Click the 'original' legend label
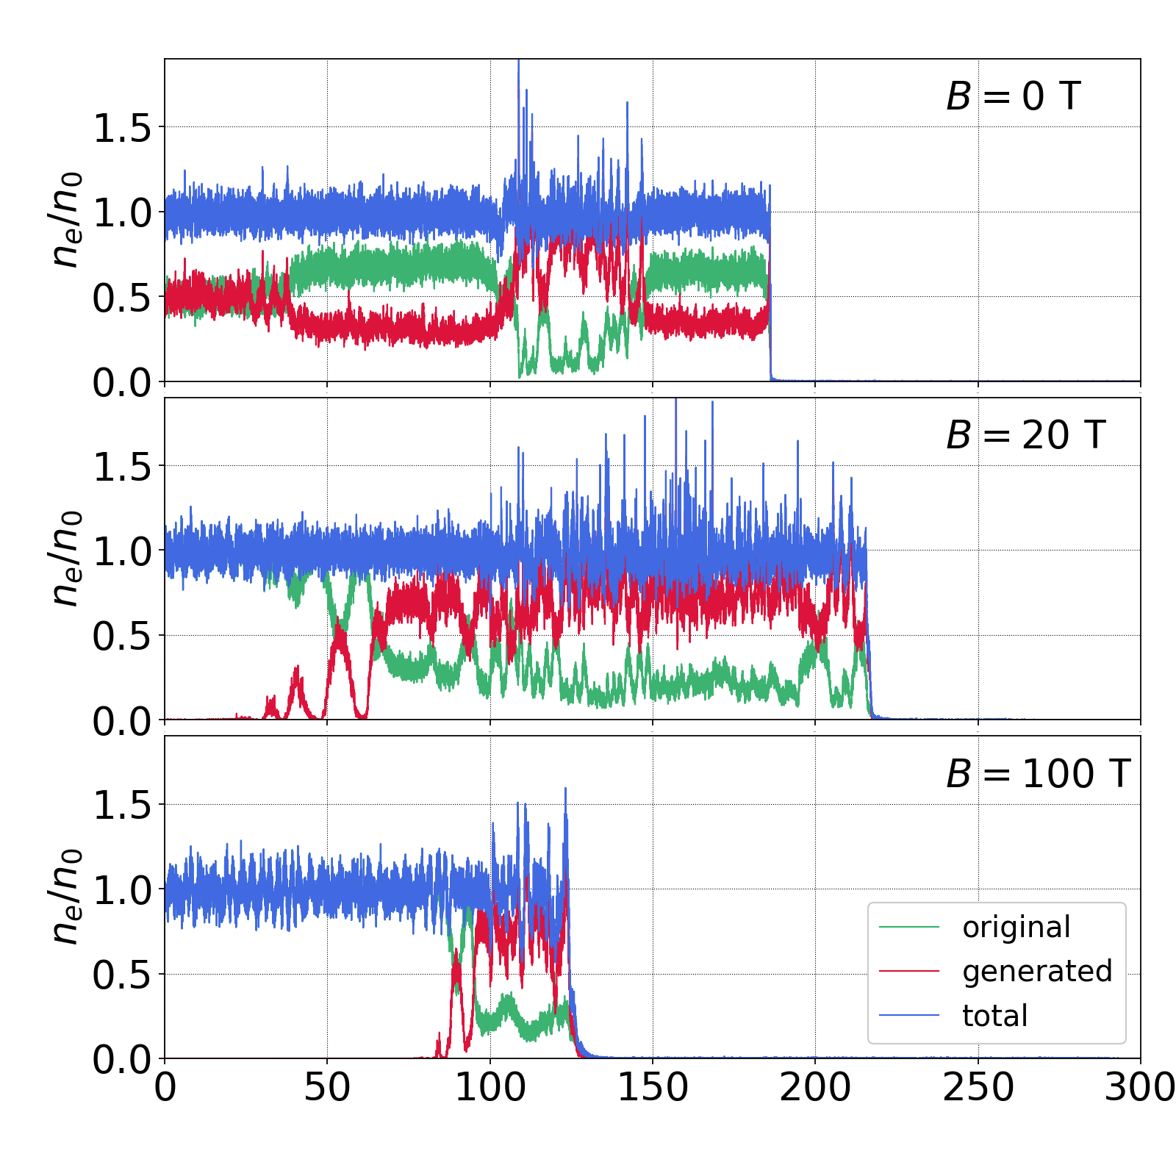1016,928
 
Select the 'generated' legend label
1036,972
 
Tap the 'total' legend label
994,1016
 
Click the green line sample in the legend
909,928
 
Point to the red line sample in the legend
909,972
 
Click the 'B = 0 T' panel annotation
1013,96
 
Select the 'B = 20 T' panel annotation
1025,435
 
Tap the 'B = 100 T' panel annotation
1038,774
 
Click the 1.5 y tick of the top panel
121,128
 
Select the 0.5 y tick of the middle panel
121,637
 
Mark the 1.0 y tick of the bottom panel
121,890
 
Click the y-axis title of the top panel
66,219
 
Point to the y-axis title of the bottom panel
66,897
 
